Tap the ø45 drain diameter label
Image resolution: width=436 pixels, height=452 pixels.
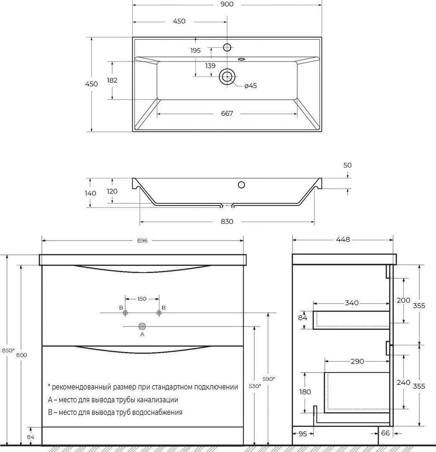tap(251, 86)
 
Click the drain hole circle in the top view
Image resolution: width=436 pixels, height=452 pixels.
tap(227, 76)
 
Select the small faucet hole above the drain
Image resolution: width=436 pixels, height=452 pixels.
tap(227, 46)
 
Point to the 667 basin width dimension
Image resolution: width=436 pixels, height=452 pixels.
tap(227, 113)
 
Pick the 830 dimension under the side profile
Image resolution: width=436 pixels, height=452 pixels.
tap(227, 221)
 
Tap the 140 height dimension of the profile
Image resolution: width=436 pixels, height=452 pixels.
tap(90, 193)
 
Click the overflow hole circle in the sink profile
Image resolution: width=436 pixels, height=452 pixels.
tap(241, 184)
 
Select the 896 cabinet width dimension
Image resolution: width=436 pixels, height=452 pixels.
tap(143, 240)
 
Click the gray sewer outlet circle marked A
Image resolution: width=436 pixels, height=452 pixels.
tap(142, 326)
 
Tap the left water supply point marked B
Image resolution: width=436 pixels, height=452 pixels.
tap(125, 313)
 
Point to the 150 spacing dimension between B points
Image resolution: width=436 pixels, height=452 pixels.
tap(142, 299)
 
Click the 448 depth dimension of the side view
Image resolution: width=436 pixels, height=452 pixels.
tap(343, 240)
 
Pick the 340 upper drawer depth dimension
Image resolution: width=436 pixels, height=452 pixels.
tap(352, 303)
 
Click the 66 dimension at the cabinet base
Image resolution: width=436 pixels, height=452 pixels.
tap(385, 433)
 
